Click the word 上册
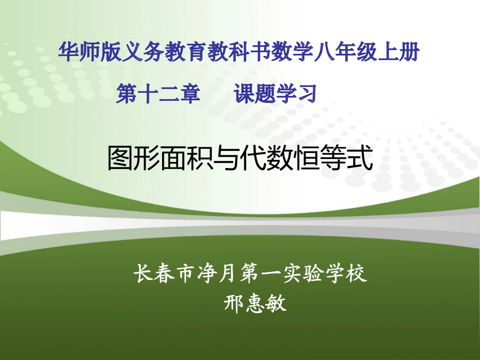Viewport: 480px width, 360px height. pos(398,52)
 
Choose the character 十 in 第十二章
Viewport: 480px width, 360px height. pos(148,94)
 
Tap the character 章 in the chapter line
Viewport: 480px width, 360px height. pos(190,94)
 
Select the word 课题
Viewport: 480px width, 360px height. pos(255,94)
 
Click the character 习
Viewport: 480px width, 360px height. pos(307,94)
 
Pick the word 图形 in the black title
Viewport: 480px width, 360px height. pos(134,158)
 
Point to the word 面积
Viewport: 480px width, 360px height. pos(187,158)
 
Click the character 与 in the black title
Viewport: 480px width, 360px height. pos(227,158)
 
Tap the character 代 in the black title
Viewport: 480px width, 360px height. pos(253,158)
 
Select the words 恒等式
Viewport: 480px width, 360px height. pos(333,158)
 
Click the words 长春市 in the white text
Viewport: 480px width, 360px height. pos(165,273)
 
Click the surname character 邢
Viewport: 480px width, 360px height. pos(234,303)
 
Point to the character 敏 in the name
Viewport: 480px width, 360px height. pos(276,303)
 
